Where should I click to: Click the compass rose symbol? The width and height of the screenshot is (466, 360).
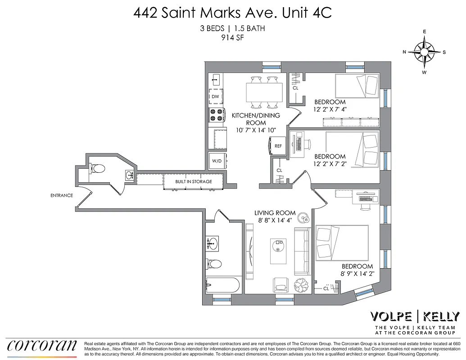click(424, 52)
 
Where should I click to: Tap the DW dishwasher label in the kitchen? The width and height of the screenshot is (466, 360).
click(215, 97)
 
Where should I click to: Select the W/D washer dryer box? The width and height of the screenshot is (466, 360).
click(217, 161)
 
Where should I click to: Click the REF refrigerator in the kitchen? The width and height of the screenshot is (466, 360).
click(278, 146)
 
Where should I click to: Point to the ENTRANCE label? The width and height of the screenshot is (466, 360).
click(62, 195)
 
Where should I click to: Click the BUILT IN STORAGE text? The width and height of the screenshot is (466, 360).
click(194, 182)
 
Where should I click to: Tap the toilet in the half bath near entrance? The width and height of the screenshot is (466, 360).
click(98, 169)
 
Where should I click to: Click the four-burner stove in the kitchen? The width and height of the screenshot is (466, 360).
click(216, 115)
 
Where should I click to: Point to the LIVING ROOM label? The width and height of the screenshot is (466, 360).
click(275, 213)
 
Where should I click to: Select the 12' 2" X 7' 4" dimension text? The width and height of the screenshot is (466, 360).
click(330, 109)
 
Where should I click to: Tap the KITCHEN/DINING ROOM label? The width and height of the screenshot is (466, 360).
click(256, 119)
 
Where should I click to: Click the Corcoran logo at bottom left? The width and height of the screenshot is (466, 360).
click(42, 345)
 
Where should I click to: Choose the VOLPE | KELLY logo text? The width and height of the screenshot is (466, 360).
click(414, 316)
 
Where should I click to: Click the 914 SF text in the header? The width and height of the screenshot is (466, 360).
click(233, 37)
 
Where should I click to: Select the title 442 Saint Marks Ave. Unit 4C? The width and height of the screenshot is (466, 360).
click(232, 13)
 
